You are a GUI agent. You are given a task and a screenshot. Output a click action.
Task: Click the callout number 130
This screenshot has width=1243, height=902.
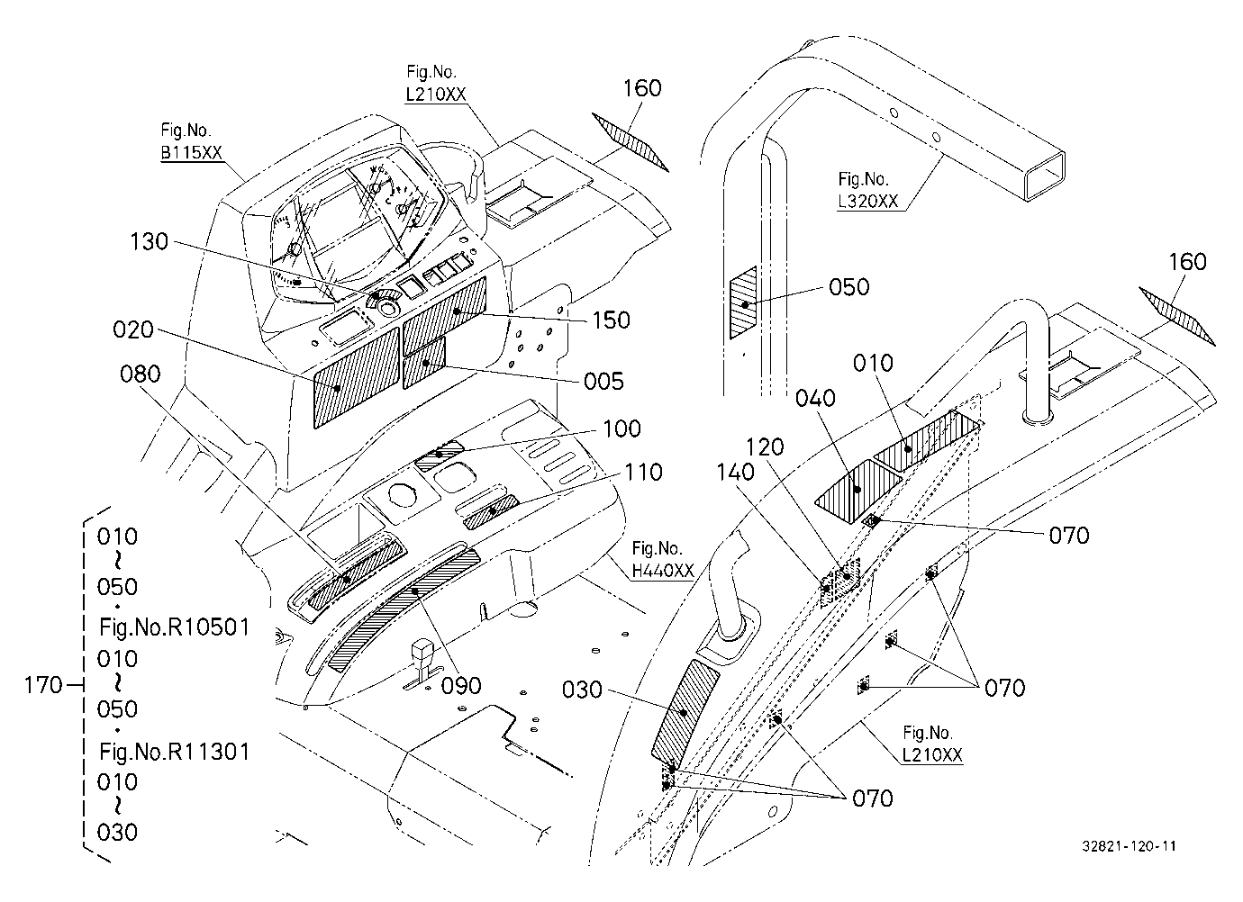[149, 242]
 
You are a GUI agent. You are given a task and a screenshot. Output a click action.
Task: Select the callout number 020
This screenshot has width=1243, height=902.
[132, 329]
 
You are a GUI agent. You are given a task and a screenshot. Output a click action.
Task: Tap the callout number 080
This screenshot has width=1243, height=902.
[140, 374]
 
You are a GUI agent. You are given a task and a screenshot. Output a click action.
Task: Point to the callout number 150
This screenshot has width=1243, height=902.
[611, 320]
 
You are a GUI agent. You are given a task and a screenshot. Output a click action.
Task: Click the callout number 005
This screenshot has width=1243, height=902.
[603, 381]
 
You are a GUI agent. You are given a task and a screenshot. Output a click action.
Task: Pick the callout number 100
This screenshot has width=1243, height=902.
[621, 428]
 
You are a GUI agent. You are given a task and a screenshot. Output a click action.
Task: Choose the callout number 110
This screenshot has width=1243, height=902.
[643, 472]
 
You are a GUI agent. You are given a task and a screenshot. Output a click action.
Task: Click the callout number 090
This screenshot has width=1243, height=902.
[460, 686]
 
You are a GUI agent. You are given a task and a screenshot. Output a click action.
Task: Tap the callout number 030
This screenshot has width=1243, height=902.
[582, 690]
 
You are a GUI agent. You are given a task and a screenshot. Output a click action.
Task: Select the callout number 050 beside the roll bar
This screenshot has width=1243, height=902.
[848, 287]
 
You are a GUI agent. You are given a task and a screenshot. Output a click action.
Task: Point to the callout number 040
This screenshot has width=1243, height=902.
[814, 398]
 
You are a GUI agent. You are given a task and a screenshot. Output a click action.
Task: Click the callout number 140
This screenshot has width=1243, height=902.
[735, 472]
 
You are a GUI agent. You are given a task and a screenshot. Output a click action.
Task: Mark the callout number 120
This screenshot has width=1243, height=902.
[764, 446]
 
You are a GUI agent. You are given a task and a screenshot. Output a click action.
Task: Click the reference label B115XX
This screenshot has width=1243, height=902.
[192, 152]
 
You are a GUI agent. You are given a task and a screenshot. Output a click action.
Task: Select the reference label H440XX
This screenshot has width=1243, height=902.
[663, 570]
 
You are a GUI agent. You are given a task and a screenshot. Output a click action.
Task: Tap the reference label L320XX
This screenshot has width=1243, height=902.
[868, 201]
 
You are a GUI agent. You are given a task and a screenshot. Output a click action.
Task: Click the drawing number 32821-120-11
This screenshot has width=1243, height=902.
[1129, 846]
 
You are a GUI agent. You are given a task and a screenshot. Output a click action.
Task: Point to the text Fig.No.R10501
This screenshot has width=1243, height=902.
[174, 627]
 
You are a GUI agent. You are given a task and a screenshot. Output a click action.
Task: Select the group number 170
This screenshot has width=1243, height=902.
[42, 685]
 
